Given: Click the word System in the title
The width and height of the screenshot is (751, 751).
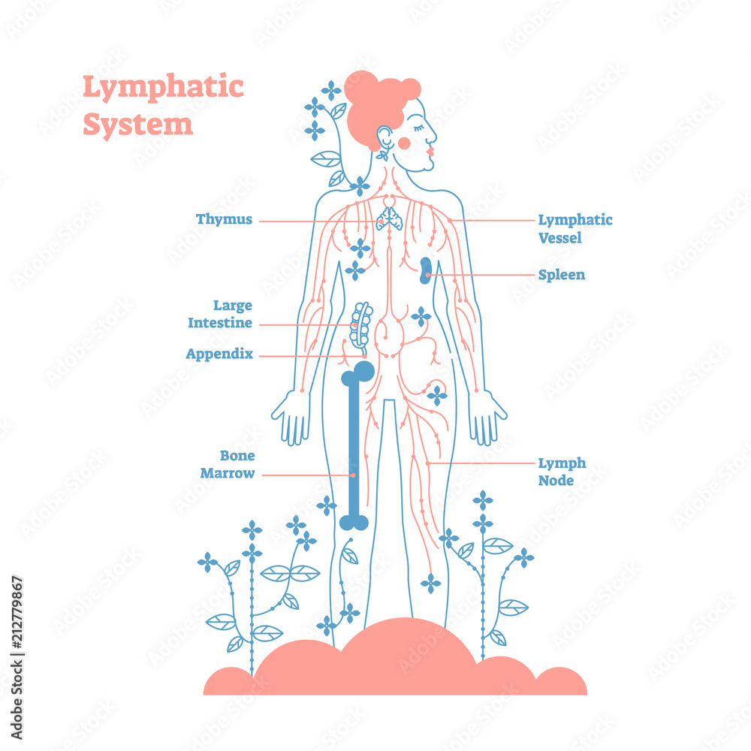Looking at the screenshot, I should [137, 125].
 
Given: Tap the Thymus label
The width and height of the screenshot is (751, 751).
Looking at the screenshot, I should [224, 220].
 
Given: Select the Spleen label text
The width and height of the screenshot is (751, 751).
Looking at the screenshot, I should [561, 275].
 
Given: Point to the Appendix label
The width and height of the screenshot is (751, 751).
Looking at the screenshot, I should [219, 354].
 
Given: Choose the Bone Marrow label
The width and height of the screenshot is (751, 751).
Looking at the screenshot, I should [237, 465].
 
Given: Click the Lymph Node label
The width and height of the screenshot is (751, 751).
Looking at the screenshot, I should [562, 472].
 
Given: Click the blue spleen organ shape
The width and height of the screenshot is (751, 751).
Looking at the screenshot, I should [426, 271].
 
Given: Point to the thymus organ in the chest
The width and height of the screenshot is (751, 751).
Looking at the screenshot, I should [390, 218].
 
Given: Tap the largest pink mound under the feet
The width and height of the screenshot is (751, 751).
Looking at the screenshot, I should [406, 653].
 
